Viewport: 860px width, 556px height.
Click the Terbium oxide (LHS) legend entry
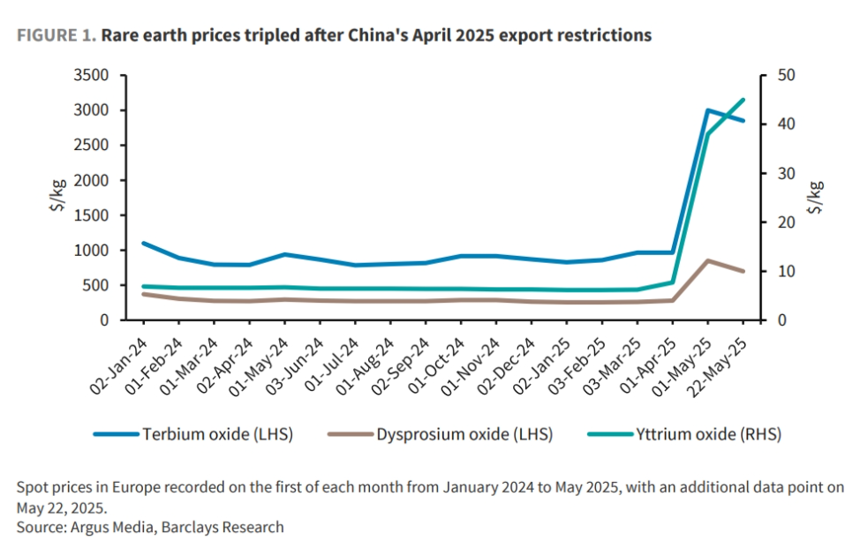[193, 434]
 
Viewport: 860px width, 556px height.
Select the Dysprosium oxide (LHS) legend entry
[440, 434]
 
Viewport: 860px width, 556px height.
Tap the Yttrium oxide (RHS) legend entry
[684, 434]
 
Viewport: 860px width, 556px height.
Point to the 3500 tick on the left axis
[91, 75]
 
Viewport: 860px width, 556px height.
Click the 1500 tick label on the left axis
[91, 215]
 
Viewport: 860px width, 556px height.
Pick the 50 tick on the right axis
[786, 75]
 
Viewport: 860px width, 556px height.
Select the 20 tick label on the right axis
[786, 222]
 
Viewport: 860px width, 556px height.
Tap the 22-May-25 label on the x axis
[718, 367]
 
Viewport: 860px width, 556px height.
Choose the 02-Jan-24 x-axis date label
[118, 365]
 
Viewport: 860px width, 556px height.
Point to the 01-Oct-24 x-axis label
[436, 365]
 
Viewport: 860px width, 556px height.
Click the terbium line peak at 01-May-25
[708, 110]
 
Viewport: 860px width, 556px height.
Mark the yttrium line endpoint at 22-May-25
[743, 100]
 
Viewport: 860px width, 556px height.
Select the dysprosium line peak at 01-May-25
[708, 260]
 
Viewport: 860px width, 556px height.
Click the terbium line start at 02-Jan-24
[144, 243]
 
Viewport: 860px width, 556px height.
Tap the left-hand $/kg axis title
[58, 195]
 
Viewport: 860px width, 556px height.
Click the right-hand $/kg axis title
[815, 197]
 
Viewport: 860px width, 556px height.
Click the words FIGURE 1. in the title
[57, 35]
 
